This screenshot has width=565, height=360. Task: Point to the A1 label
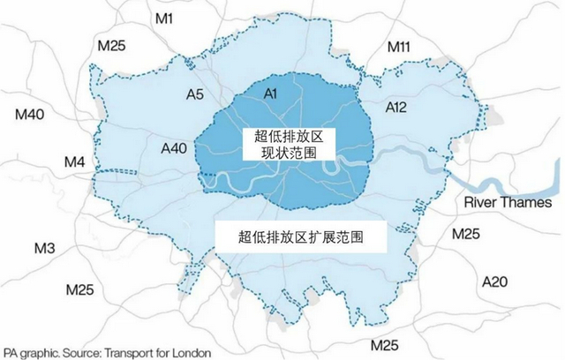click(x=271, y=93)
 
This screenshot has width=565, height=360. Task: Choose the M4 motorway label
click(x=76, y=162)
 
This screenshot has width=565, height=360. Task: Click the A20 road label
click(x=496, y=281)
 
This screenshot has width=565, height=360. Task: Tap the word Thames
click(x=529, y=204)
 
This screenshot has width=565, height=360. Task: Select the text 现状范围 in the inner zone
click(x=282, y=153)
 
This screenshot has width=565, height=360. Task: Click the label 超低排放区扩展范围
click(x=301, y=237)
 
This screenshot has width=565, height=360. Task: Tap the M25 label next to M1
click(x=117, y=46)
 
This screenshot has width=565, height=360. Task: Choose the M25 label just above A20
click(x=467, y=234)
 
